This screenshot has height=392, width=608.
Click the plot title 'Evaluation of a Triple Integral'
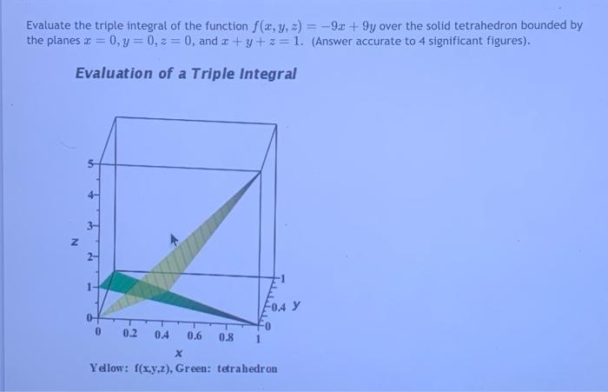186,74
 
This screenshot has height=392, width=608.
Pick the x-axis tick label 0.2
129,334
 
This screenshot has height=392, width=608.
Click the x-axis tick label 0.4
162,334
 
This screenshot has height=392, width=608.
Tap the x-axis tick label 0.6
195,335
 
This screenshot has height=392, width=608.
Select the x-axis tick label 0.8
227,335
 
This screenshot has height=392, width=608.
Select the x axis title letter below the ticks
178,353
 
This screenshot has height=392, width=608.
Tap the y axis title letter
296,306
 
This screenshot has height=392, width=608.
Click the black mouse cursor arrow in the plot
174,236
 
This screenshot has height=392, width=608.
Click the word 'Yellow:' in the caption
108,368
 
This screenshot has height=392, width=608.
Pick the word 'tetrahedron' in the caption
247,368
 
